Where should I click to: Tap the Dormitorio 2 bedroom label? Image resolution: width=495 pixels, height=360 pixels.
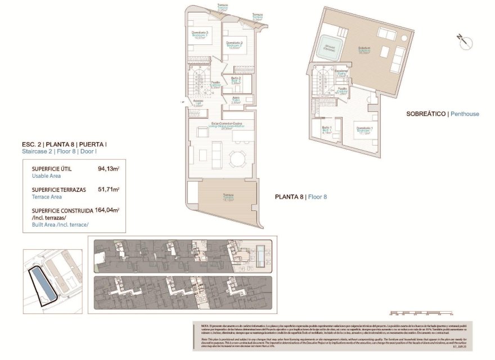coord(234,44)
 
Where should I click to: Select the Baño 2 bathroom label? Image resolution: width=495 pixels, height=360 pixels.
coord(236,80)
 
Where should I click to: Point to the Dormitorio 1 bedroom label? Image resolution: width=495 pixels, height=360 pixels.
coord(364,130)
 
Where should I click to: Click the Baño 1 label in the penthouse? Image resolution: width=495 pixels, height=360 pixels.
coord(326,130)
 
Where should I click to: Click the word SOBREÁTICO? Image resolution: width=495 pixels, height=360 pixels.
coord(426,114)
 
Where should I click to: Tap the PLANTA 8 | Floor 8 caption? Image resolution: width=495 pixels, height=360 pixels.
coord(300,197)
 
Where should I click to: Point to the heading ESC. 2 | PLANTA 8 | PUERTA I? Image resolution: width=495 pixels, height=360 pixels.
coord(61,145)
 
